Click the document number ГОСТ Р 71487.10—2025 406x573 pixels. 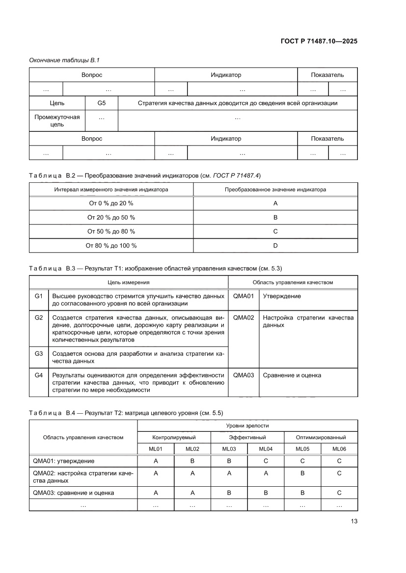click(315, 41)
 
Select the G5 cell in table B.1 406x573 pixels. click(102, 103)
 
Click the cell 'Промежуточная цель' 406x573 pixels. click(57, 121)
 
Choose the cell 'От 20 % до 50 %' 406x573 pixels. click(111, 217)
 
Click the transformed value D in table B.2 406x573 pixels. click(275, 246)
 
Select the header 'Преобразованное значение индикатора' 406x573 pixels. click(275, 189)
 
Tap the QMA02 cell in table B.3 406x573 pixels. click(244, 318)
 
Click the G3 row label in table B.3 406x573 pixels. click(39, 353)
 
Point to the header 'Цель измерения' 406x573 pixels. click(129, 282)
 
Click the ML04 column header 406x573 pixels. click(266, 448)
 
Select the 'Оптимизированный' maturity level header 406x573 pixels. click(321, 437)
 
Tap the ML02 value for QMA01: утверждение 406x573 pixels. click(192, 461)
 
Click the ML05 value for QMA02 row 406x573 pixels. click(302, 473)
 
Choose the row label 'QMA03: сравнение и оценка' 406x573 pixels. click(74, 493)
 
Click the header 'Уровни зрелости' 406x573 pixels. click(247, 425)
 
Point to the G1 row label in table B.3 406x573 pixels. click(39, 296)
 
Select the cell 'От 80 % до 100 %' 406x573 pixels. click(111, 246)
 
